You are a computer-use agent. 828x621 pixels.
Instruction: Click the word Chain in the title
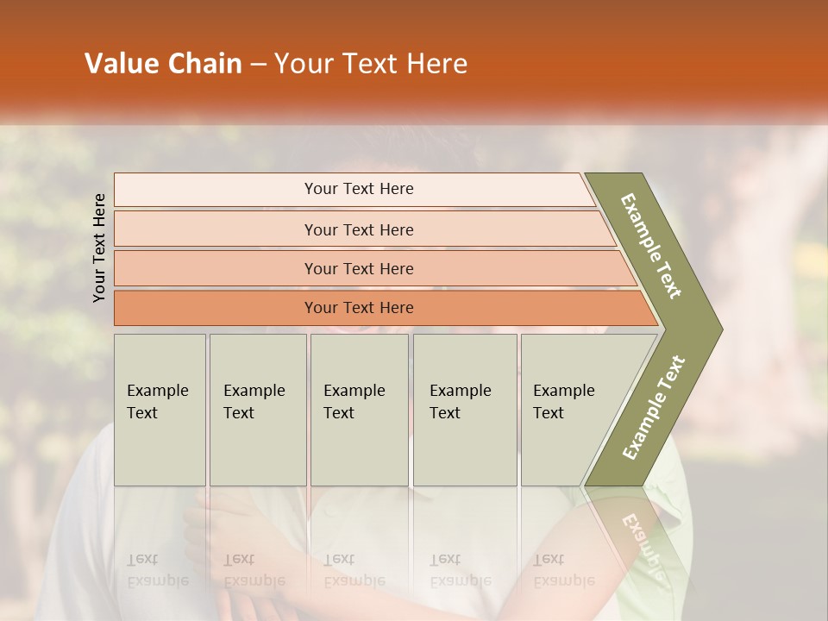point(205,64)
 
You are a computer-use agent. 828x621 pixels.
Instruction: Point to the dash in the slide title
point(258,65)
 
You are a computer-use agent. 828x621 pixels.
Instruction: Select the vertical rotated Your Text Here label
point(100,248)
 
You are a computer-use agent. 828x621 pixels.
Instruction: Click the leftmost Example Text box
point(160,410)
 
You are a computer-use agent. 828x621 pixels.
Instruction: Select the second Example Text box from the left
point(258,410)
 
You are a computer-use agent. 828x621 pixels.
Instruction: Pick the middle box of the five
point(359,410)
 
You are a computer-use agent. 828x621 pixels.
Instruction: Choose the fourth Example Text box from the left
point(465,410)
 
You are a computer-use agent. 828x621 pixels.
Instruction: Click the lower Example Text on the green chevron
point(654,407)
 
